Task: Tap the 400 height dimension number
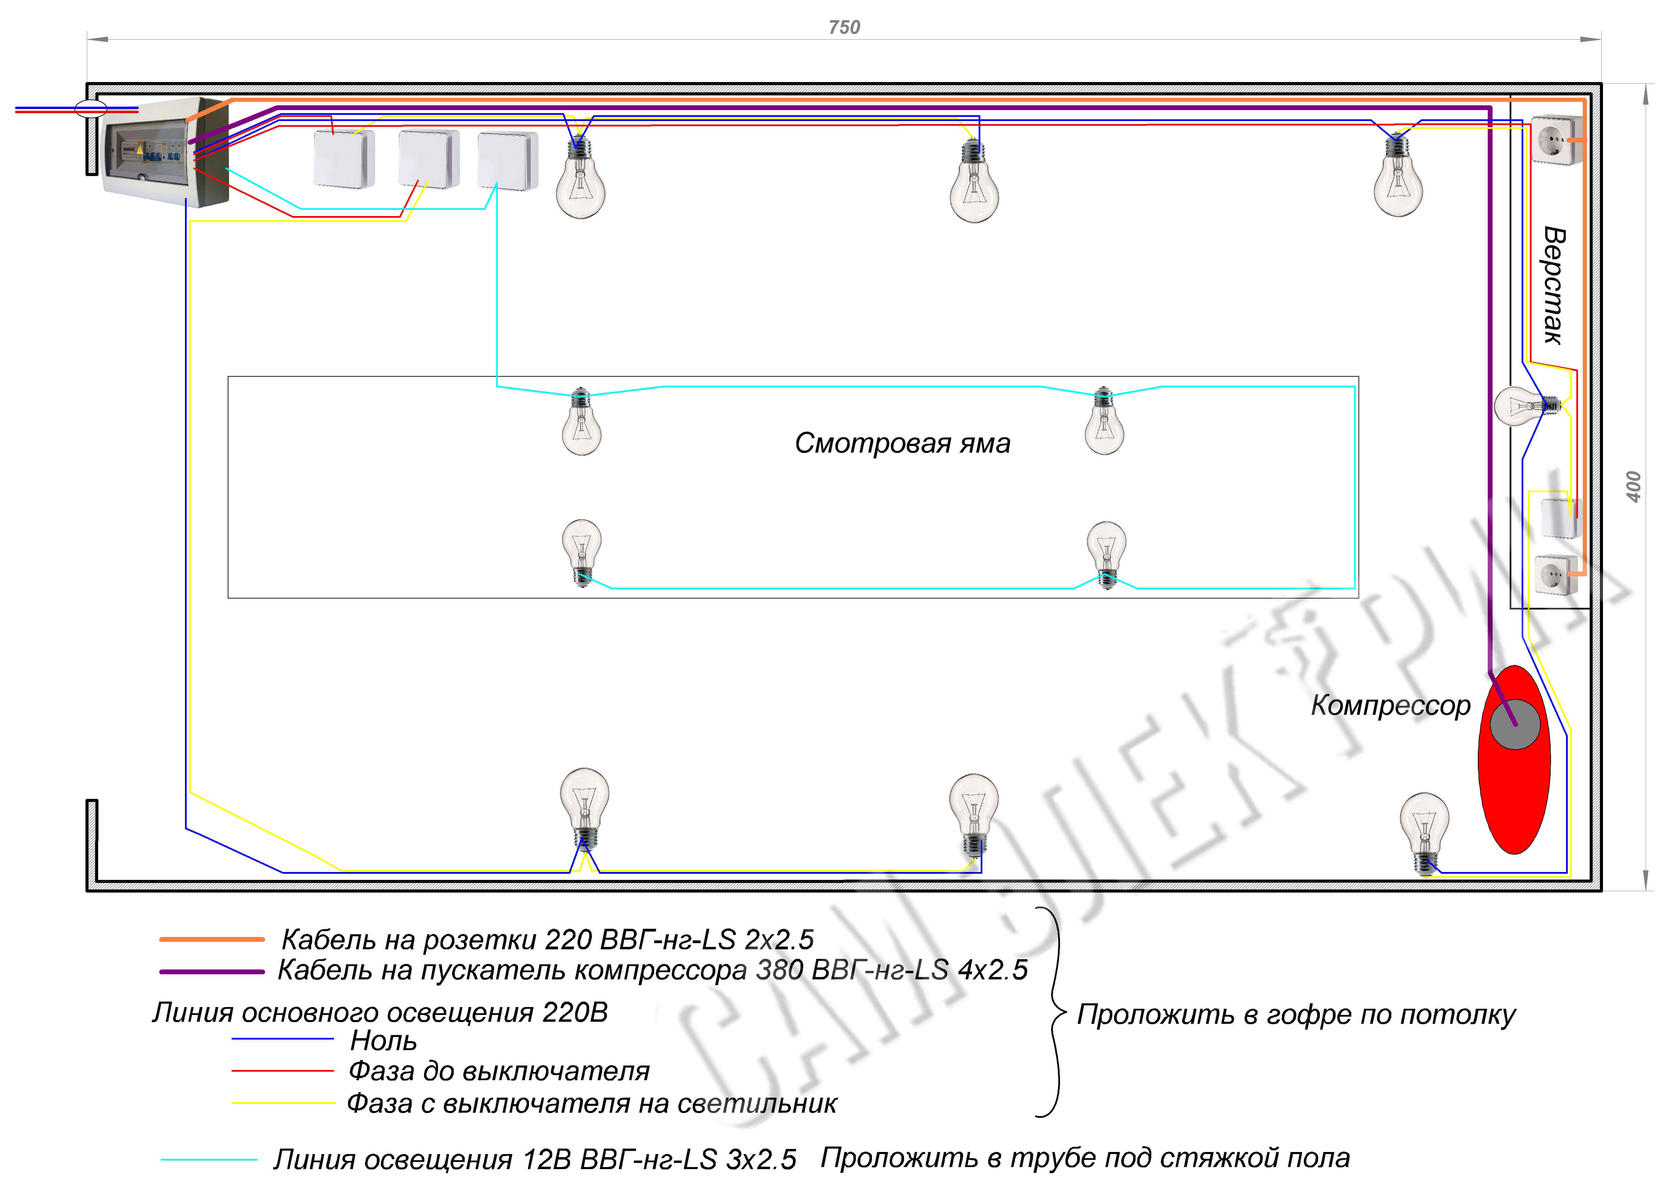pos(1633,487)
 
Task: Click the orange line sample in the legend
pos(211,939)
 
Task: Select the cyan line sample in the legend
pos(209,1160)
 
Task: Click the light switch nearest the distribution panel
pos(344,159)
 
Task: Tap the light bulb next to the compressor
pos(1424,833)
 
